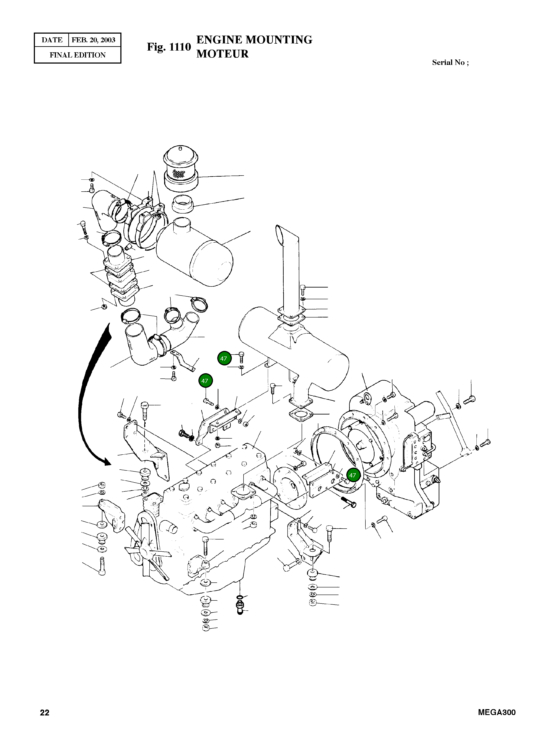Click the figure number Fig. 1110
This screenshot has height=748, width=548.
tap(169, 47)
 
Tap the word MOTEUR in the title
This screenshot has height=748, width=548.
tap(222, 54)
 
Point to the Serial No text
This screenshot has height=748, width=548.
tap(450, 62)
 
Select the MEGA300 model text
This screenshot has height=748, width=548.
tap(497, 712)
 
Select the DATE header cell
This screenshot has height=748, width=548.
tap(52, 40)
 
